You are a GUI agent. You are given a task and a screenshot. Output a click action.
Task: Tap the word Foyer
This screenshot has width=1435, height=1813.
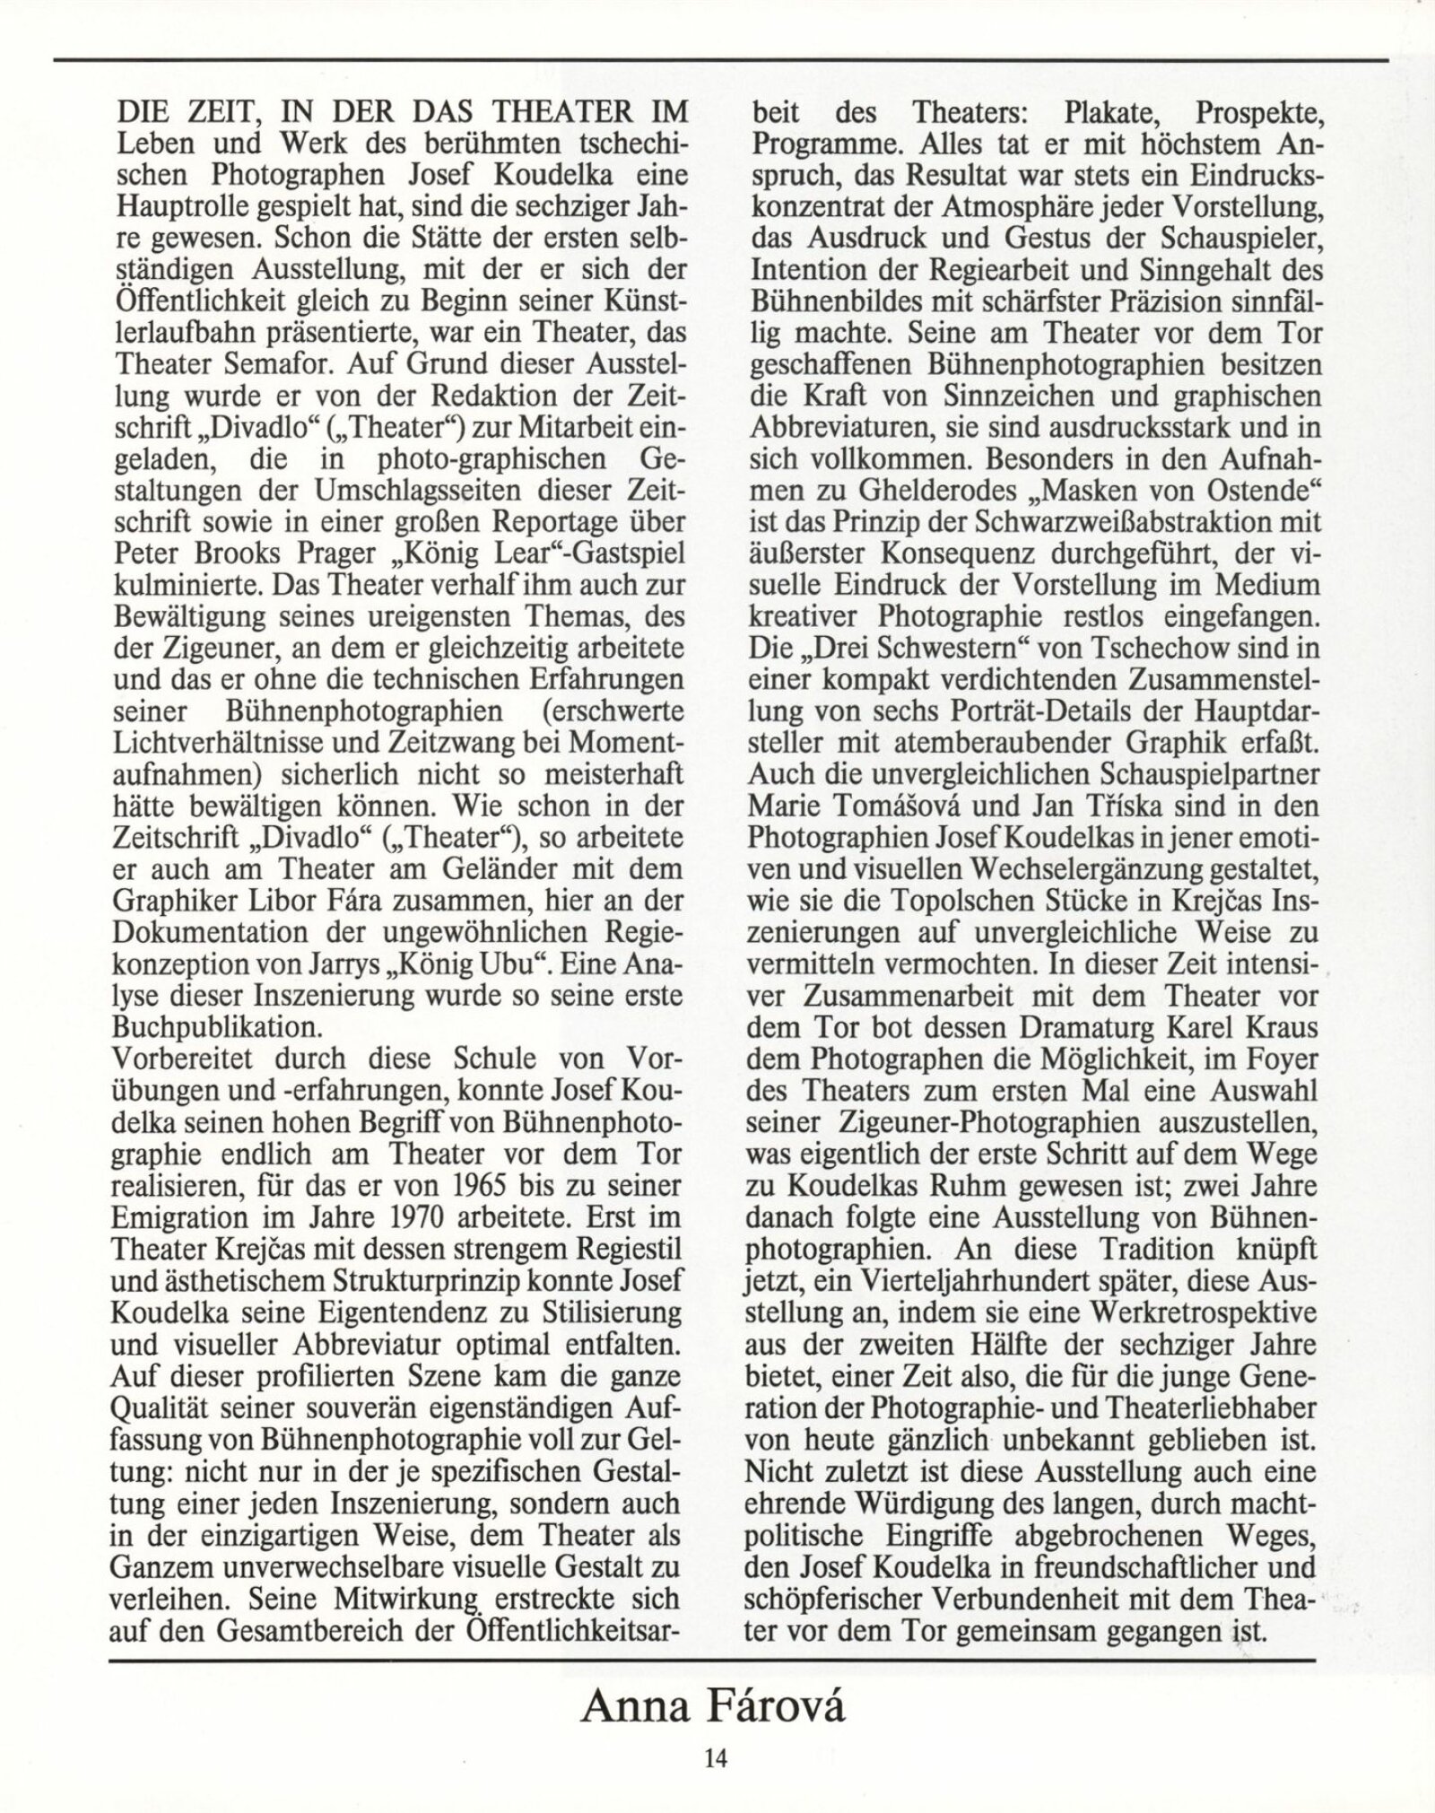(1272, 1059)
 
